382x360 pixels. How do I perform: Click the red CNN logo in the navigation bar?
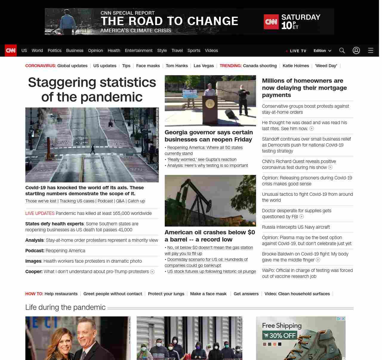click(x=11, y=50)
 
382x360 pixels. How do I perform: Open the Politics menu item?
click(x=54, y=50)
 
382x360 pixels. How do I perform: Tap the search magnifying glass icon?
click(x=342, y=50)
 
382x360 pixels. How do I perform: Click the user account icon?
click(x=356, y=50)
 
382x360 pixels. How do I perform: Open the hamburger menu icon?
click(x=371, y=50)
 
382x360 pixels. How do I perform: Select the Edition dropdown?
click(x=322, y=51)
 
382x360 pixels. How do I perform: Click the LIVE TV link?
click(x=296, y=51)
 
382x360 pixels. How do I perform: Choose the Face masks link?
click(x=148, y=66)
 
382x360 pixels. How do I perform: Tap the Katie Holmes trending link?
click(x=296, y=66)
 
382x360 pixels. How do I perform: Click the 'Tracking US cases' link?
click(x=77, y=201)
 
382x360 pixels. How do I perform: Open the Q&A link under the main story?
click(x=120, y=201)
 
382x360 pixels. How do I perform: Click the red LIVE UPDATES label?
click(x=40, y=213)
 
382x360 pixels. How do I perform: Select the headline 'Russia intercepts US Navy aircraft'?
click(x=296, y=227)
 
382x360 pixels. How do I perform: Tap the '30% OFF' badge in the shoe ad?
click(x=279, y=336)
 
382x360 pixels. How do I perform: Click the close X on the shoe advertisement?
click(x=343, y=319)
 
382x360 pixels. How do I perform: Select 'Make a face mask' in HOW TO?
click(x=208, y=294)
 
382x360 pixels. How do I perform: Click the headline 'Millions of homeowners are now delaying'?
click(x=304, y=88)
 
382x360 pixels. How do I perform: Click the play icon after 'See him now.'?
click(x=312, y=129)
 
